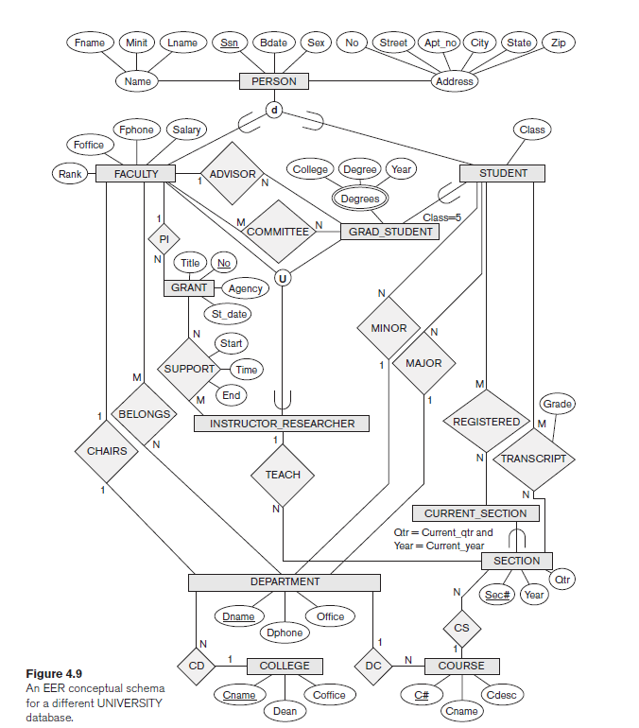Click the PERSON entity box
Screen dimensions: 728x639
tap(274, 81)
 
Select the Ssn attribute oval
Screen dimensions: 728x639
tap(230, 43)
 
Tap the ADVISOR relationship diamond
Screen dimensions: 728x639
tap(232, 174)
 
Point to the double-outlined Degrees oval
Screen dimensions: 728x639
tap(360, 199)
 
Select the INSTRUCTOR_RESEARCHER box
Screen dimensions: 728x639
tap(283, 424)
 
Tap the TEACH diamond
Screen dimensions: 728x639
tap(283, 475)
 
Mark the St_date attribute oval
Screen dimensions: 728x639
tap(229, 313)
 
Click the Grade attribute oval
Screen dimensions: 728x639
tap(557, 404)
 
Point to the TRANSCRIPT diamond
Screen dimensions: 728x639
tap(533, 459)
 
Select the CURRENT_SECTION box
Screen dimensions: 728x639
tap(481, 513)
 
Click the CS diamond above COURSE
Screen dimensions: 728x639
tap(461, 628)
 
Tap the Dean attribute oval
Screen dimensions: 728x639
tap(285, 710)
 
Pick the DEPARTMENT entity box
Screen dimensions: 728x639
tap(285, 582)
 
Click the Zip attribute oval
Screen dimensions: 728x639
tap(559, 43)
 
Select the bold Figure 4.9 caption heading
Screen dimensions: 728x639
tap(53, 674)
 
